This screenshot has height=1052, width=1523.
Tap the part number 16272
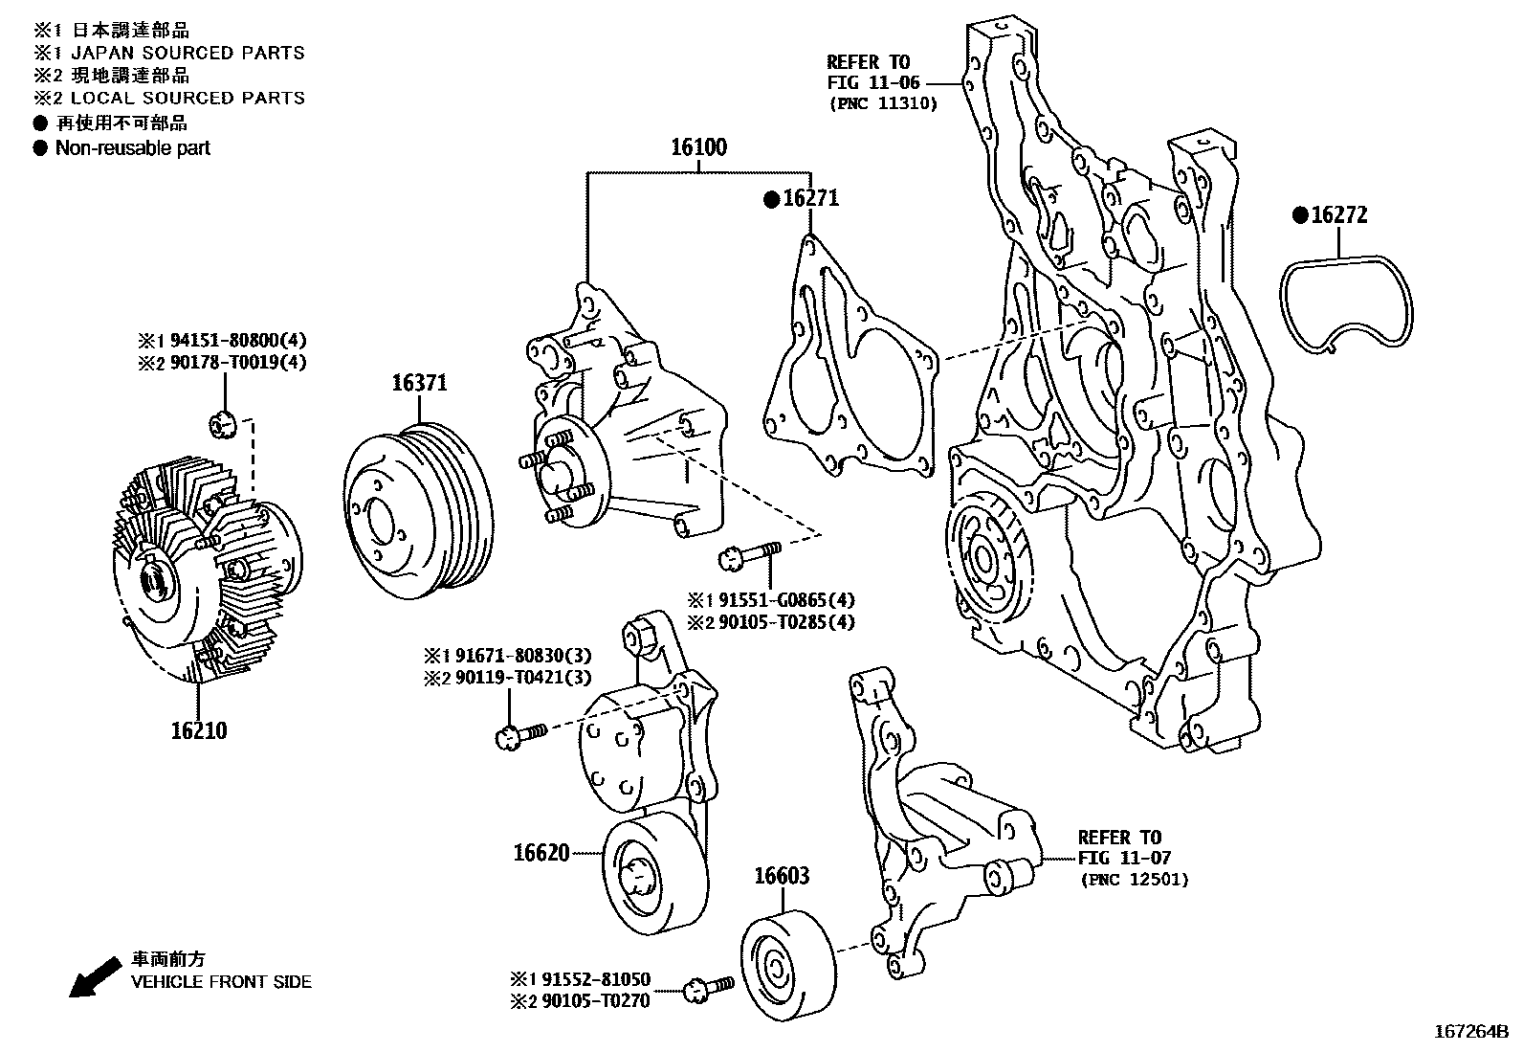(1338, 215)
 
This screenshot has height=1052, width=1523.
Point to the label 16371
(419, 383)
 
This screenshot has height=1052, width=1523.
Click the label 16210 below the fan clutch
(199, 730)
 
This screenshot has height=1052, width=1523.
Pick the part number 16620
(541, 851)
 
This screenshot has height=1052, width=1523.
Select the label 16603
(782, 875)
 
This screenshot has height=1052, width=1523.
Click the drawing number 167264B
(1470, 1032)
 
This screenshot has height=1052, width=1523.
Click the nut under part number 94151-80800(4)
(223, 422)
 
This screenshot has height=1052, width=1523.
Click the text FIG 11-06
(872, 82)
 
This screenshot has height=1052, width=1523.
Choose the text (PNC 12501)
(1135, 879)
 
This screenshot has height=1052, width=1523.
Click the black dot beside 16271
(771, 199)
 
